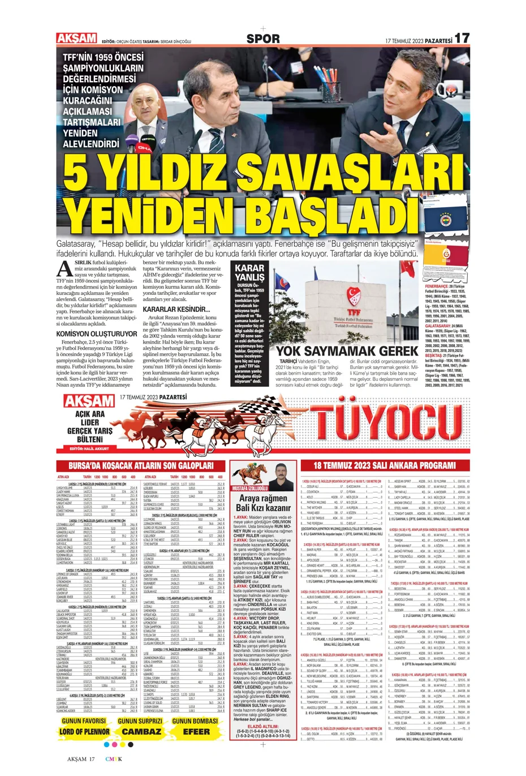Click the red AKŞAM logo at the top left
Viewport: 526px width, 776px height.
pos(76,38)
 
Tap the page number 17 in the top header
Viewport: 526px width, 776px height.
pos(462,38)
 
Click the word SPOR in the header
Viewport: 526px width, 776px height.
pos(263,39)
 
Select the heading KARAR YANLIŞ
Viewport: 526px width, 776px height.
pos(249,272)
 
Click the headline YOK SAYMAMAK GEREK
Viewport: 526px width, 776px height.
pos(346,351)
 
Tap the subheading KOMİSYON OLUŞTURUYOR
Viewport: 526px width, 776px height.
pos(96,334)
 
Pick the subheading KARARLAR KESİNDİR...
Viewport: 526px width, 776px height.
pos(176,310)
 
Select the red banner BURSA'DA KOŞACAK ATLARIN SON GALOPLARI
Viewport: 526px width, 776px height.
pos(141,466)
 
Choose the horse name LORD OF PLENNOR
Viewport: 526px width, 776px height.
pos(84,731)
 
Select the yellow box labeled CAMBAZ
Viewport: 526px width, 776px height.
pos(141,731)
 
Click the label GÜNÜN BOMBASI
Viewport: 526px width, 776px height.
pos(195,721)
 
